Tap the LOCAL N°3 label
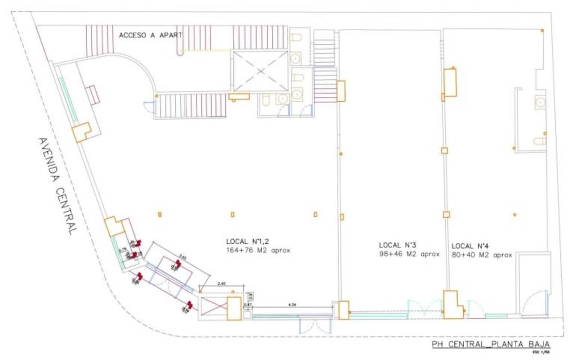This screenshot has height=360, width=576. coord(397,245)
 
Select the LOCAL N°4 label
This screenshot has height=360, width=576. coord(469,246)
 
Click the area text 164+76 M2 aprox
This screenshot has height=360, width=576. coord(258,250)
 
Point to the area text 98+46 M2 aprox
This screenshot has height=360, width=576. coord(409,254)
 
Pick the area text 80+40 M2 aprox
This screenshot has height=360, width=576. coord(482,255)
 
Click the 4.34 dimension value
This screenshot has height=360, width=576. coord(292,305)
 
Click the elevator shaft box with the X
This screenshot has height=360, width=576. coord(260,71)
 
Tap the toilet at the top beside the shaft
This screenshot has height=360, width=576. coord(296,37)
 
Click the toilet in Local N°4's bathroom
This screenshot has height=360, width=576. coord(540,141)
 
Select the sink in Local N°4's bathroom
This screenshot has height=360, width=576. coord(540,103)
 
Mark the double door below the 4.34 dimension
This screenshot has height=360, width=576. coord(315,325)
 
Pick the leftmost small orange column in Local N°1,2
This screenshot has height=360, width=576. coord(159,214)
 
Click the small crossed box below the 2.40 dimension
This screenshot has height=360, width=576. coord(213,308)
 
